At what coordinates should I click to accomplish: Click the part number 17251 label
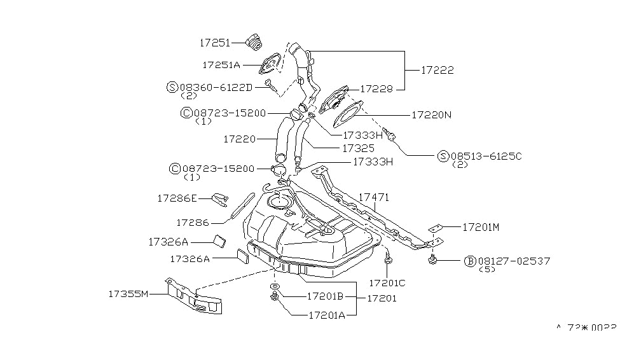click(214, 43)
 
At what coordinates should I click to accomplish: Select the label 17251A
click(221, 64)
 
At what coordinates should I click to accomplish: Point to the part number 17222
click(437, 71)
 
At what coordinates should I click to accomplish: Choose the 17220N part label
click(431, 115)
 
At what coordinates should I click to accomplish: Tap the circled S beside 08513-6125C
click(443, 156)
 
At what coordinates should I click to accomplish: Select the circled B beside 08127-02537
click(470, 261)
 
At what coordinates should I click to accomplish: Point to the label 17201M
click(481, 226)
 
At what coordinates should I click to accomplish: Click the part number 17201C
click(387, 282)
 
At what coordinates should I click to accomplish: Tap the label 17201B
click(325, 296)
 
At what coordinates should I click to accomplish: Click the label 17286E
click(177, 198)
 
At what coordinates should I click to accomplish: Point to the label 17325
click(358, 148)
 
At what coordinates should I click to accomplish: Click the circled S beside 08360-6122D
click(172, 87)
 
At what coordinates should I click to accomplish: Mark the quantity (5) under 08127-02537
click(488, 269)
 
